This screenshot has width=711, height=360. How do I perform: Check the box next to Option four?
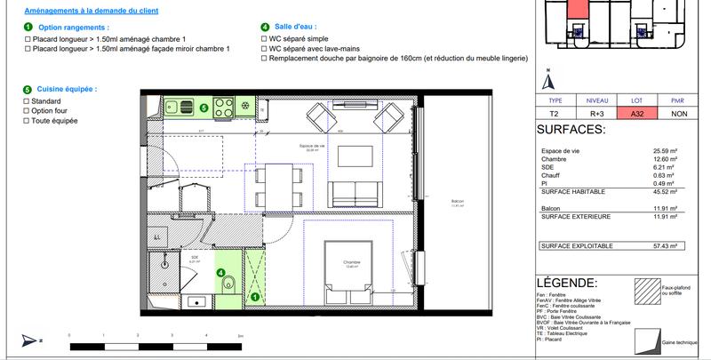[27, 111]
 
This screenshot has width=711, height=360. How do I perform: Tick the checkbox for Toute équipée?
[27, 120]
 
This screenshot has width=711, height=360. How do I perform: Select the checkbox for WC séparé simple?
[264, 39]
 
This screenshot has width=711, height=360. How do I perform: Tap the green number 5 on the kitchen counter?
[204, 108]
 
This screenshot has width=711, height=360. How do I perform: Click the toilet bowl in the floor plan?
[228, 284]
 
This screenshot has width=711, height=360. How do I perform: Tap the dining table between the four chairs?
[278, 184]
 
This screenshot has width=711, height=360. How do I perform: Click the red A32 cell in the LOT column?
[637, 114]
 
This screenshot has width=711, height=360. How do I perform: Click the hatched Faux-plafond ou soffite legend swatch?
[643, 291]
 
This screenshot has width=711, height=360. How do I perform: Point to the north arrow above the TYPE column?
[549, 78]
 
